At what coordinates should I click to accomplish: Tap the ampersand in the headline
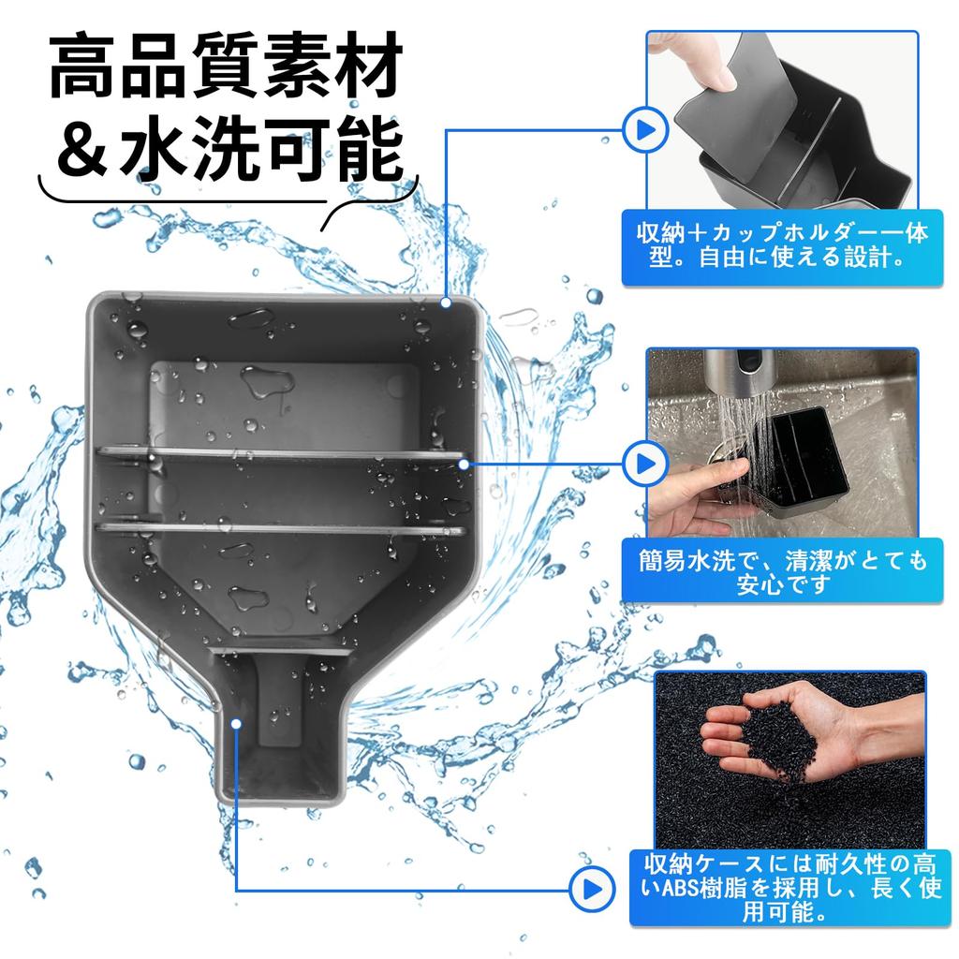tap(83, 150)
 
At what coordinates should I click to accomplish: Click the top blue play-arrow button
tap(642, 130)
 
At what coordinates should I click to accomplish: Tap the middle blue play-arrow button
tap(642, 463)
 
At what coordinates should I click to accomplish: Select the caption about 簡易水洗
tap(783, 572)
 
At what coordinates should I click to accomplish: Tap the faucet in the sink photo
tap(745, 375)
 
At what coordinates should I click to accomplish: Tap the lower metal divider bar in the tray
tap(281, 529)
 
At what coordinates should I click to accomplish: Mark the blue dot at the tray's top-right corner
tap(448, 302)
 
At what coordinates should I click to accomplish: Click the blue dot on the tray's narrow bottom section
tap(236, 723)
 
